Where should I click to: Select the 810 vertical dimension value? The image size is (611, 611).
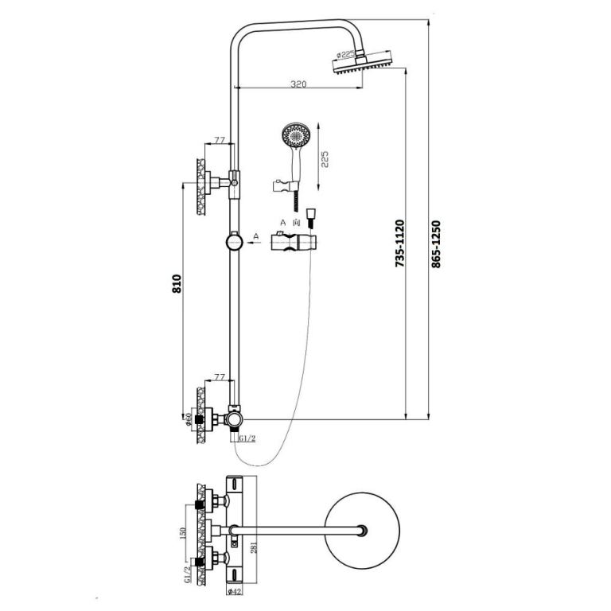tap(177, 284)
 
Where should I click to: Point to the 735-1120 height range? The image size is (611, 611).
tap(400, 243)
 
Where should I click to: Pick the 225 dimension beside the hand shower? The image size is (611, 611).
tap(324, 160)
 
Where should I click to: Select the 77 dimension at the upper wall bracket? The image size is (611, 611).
tap(220, 141)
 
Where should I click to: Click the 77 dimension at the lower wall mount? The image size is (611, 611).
tap(220, 376)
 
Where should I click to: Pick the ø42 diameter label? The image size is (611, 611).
tap(234, 590)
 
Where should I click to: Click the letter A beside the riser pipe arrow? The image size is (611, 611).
tap(256, 236)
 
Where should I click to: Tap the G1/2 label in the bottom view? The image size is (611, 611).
tap(188, 572)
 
